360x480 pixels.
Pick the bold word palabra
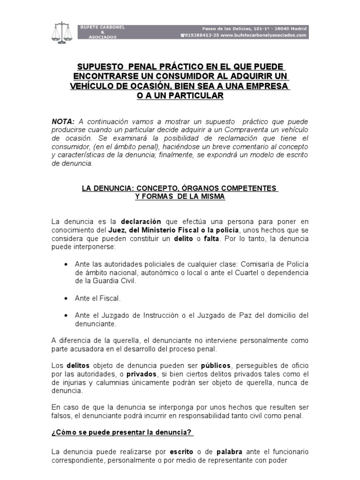[229, 452]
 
